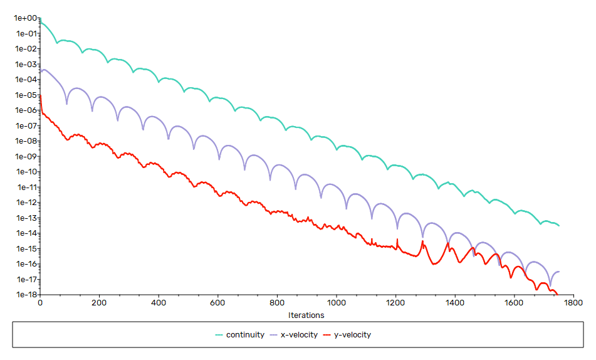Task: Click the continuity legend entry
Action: click(245, 335)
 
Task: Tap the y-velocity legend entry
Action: click(352, 335)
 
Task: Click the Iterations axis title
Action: click(306, 315)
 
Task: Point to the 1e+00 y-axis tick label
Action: click(25, 18)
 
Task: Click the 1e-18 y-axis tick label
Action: click(25, 295)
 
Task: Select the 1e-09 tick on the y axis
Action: click(25, 157)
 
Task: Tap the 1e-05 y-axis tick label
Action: click(25, 95)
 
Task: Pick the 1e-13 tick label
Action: click(25, 218)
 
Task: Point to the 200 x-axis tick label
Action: click(99, 302)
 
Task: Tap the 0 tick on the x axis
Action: click(40, 302)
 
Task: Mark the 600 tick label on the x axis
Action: click(218, 302)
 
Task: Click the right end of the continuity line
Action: click(558, 225)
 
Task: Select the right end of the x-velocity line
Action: click(558, 272)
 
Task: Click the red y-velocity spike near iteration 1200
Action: click(397, 240)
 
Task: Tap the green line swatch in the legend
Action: click(219, 335)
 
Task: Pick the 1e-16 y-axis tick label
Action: click(25, 264)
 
